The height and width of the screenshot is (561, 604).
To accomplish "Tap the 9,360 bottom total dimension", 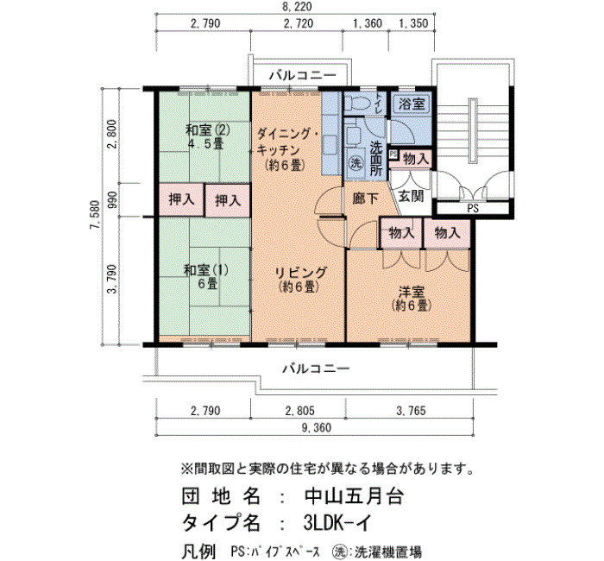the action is tap(315, 428).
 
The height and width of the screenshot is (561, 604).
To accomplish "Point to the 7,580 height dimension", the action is tap(95, 215).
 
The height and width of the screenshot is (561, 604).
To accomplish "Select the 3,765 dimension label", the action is tap(411, 411).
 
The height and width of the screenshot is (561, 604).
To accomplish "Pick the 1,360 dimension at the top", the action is tap(368, 24).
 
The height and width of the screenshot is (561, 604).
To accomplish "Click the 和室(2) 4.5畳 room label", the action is tap(208, 136).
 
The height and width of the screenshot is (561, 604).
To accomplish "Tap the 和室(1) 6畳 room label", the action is tap(206, 276).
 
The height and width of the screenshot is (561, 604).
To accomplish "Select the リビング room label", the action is tap(300, 273).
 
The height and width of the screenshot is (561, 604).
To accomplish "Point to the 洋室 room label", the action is tap(412, 291).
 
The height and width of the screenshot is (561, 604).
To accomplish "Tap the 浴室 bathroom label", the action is tap(412, 104).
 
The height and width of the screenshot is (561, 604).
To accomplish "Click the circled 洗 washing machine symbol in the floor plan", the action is tap(356, 163).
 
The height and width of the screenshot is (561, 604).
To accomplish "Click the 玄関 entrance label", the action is tap(411, 196).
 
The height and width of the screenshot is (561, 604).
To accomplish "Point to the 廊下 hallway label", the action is tap(365, 199).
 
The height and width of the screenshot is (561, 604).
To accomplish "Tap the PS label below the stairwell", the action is tap(473, 209).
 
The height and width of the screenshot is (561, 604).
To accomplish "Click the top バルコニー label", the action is tap(302, 75).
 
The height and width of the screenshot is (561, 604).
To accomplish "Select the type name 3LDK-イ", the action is tap(337, 523).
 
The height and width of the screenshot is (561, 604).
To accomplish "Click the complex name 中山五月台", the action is tap(354, 497).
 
